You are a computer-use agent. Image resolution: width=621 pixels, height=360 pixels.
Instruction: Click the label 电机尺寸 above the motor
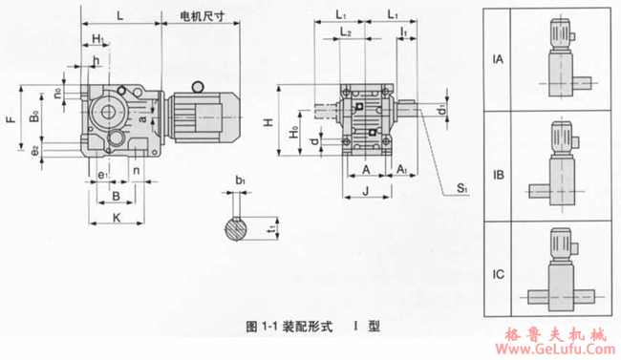click(x=203, y=16)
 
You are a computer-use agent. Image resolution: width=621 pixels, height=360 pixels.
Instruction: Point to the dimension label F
click(x=11, y=121)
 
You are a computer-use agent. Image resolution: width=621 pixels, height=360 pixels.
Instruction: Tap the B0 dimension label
click(x=33, y=120)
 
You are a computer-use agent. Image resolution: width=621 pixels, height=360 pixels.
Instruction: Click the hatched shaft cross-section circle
click(x=240, y=229)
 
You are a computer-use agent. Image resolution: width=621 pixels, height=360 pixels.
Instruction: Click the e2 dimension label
click(x=33, y=149)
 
